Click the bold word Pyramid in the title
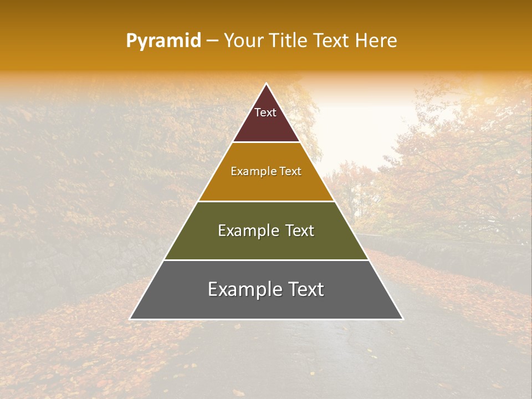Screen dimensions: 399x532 pos(163,41)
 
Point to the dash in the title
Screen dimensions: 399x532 pos(212,41)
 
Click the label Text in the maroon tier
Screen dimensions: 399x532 pos(265,112)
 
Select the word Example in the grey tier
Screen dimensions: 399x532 pos(243,289)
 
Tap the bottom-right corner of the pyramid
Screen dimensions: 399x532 pos(402,319)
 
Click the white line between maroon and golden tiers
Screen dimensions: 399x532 pos(266,142)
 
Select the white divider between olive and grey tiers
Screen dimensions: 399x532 pos(266,260)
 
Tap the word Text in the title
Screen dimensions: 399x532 pos(332,41)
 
